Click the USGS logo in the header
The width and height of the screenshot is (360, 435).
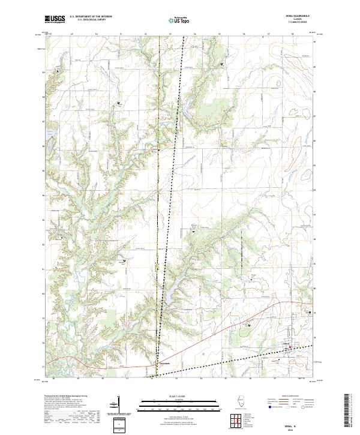coord(56,20)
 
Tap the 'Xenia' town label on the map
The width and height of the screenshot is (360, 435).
coord(286,344)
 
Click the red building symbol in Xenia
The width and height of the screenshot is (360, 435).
coord(290,347)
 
